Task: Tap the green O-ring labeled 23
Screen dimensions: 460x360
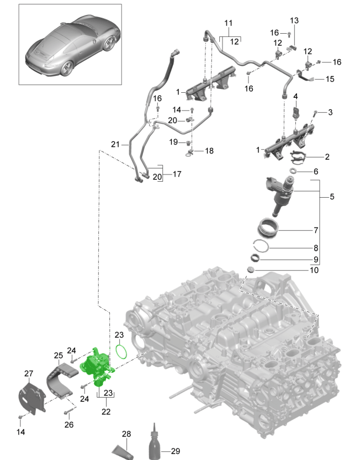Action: coord(122,351)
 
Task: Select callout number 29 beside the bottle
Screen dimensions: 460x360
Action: coord(176,451)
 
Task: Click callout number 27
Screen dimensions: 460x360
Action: coord(29,374)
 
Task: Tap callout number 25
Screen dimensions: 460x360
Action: coord(59,356)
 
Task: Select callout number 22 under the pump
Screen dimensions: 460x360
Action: coord(106,412)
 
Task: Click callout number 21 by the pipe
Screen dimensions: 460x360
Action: coord(115,145)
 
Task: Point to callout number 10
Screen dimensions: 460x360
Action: coord(314,270)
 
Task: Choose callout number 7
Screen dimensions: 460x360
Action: coord(316,230)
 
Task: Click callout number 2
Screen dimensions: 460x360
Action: coord(327,157)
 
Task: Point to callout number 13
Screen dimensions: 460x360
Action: coord(294,20)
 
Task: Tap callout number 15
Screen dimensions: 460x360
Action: coord(329,79)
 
